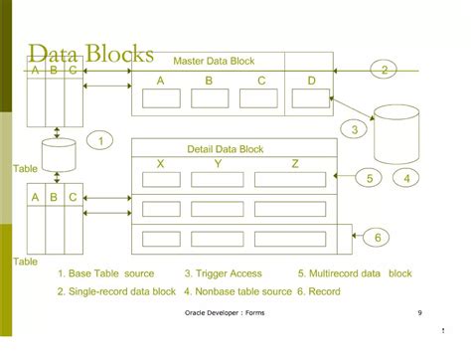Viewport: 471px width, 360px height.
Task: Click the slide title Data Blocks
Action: (90, 54)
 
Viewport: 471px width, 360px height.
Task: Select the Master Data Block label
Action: (214, 61)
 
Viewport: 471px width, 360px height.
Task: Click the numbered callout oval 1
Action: (100, 141)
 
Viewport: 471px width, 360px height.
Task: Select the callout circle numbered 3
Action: (355, 128)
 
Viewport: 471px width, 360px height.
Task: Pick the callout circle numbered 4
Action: (405, 178)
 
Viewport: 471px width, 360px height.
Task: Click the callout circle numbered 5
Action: (369, 178)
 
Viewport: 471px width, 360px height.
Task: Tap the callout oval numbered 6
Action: (379, 237)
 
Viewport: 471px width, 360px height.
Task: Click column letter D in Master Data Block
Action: (310, 80)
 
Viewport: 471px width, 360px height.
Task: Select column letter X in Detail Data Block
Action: (161, 164)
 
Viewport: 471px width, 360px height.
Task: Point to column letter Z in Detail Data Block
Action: (295, 164)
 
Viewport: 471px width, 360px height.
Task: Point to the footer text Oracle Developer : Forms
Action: (225, 313)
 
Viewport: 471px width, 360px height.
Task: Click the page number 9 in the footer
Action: (419, 313)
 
